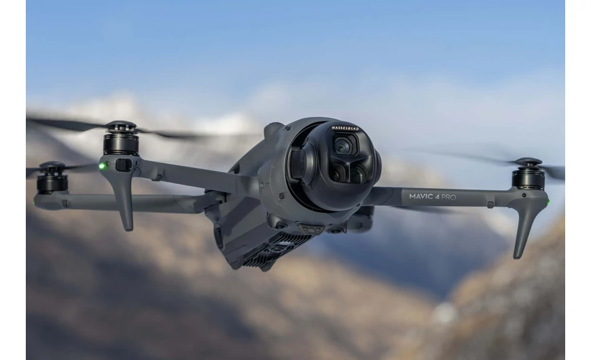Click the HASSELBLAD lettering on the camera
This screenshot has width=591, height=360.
click(345, 128)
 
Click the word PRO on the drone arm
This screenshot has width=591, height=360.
click(449, 197)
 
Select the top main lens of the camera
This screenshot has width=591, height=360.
click(343, 145)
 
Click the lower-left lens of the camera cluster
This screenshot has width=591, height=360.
click(336, 174)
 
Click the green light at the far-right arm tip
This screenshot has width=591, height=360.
click(548, 203)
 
